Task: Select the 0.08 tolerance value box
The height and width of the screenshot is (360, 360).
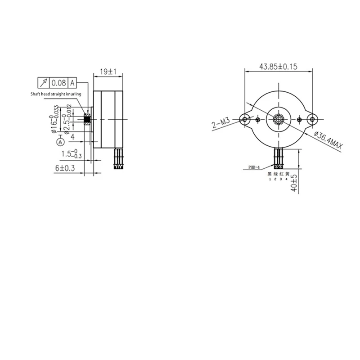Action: (x=58, y=83)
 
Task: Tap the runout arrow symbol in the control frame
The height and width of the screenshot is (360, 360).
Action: (x=44, y=83)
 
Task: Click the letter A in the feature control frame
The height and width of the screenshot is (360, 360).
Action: (x=72, y=83)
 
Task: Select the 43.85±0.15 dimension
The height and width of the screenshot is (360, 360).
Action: (x=278, y=66)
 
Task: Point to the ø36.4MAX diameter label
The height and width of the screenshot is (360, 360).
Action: (x=328, y=139)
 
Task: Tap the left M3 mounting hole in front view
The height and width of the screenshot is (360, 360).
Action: (x=245, y=119)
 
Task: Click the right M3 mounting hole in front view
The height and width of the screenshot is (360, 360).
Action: (x=312, y=119)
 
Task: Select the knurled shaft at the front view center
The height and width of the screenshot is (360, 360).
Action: (x=279, y=119)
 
